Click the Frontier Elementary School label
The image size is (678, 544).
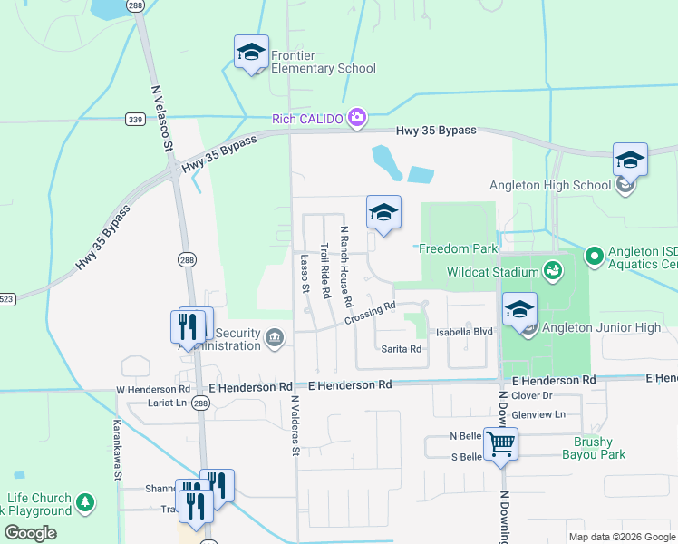(324, 62)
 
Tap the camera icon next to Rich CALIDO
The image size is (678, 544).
(357, 117)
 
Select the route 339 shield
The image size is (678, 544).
(135, 119)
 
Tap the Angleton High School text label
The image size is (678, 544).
(550, 185)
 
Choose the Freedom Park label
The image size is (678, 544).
(458, 248)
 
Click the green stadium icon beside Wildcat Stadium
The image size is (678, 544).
(551, 270)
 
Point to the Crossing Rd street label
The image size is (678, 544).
(370, 313)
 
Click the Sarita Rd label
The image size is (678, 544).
(401, 348)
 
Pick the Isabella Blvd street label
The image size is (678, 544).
(464, 332)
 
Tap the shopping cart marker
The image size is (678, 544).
(500, 445)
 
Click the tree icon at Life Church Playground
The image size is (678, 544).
(84, 501)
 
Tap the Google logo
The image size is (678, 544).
(30, 533)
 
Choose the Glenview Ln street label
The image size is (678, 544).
(538, 414)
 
